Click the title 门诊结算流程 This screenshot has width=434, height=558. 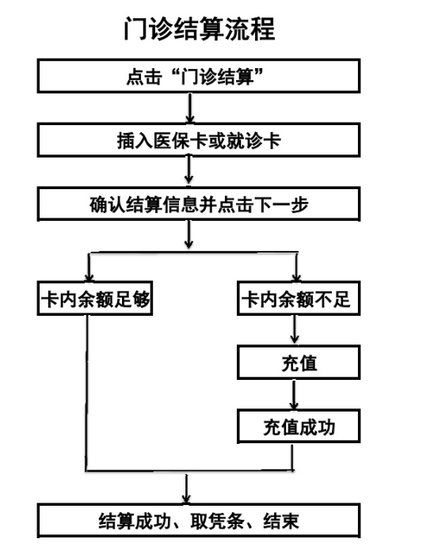[200, 29]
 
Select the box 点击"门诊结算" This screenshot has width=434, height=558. [199, 76]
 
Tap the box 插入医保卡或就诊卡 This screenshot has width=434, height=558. [199, 140]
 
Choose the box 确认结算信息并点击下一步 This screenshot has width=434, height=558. [199, 205]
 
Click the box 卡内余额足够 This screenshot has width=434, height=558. [95, 298]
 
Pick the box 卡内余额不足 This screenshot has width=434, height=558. [299, 298]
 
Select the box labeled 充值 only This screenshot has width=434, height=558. [299, 363]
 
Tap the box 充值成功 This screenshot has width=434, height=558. [299, 427]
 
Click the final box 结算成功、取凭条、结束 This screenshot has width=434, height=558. [199, 521]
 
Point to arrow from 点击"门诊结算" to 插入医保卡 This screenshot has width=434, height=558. [190, 108]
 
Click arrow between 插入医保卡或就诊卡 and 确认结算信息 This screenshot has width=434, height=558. [189, 170]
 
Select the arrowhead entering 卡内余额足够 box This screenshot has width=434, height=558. [89, 278]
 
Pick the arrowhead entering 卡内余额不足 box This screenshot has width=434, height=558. [296, 278]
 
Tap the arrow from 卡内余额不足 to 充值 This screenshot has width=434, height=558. [295, 329]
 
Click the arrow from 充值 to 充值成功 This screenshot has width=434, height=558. [294, 394]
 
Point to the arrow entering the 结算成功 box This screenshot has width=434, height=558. [186, 489]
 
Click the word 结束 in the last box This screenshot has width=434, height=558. [281, 522]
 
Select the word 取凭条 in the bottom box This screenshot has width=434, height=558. [217, 522]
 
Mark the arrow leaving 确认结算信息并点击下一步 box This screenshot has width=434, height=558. [189, 234]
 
